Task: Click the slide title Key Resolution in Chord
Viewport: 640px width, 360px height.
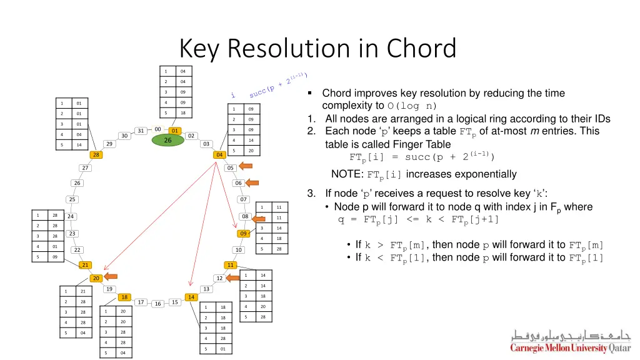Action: pos(317,48)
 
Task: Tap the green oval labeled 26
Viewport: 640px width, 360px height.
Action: pos(167,141)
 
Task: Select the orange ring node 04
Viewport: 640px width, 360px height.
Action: pos(219,154)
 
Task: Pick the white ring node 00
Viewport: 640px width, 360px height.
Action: pos(158,130)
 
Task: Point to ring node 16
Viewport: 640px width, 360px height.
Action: pos(157,304)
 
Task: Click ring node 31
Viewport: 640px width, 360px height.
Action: pos(141,131)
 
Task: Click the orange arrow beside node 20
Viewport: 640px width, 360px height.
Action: pos(111,277)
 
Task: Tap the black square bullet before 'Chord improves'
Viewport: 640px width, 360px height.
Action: pos(311,93)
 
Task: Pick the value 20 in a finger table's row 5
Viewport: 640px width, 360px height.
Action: pos(250,151)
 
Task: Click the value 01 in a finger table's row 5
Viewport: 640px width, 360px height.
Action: pos(222,349)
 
